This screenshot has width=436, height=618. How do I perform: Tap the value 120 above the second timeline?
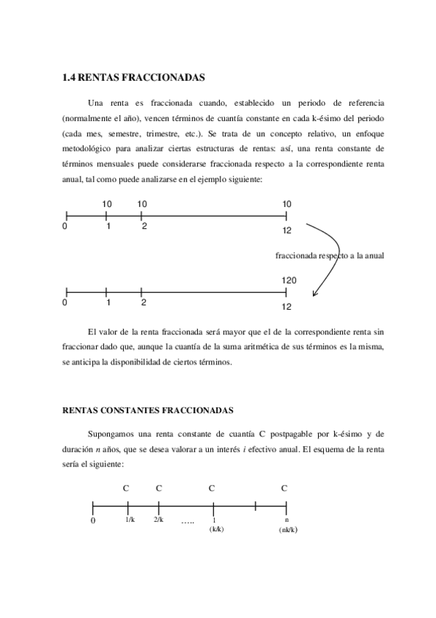click(x=288, y=281)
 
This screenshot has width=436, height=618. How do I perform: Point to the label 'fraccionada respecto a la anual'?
click(x=330, y=256)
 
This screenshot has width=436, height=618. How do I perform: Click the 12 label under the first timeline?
click(x=287, y=230)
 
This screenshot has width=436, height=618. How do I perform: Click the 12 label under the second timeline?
click(x=287, y=307)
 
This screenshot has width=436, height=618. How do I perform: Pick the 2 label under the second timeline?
click(x=143, y=302)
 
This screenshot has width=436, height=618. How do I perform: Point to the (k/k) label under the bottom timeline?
click(x=216, y=530)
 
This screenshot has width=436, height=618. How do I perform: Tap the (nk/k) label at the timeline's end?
click(x=288, y=531)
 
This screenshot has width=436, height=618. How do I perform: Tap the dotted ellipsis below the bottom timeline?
click(x=187, y=523)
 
